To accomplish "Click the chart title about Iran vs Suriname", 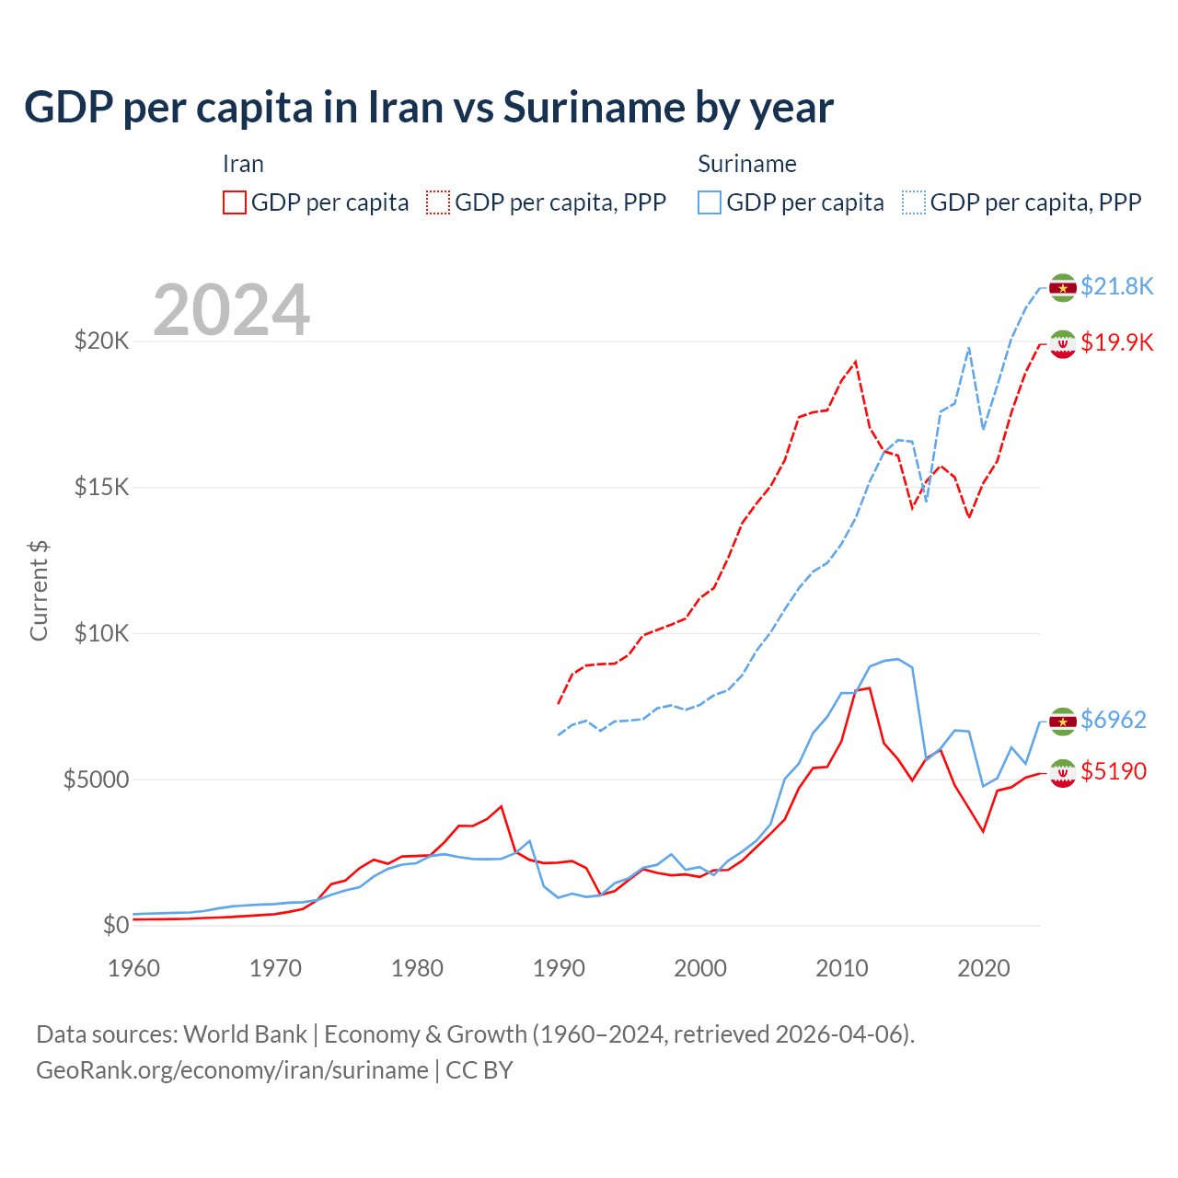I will click(429, 108).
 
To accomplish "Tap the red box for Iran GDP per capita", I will click(235, 202).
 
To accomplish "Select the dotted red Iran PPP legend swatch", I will click(438, 202).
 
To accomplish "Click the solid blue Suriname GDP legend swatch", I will click(710, 202).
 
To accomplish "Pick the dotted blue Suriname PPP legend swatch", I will click(914, 202).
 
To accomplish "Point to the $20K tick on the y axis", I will click(101, 341).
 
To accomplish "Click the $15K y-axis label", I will click(101, 487).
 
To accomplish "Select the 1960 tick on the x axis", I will click(134, 968).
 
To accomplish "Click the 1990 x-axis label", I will click(559, 968).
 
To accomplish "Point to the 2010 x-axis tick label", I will click(842, 968).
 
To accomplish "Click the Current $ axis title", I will click(39, 591).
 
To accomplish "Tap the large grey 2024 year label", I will click(231, 310).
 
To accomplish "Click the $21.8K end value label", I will click(1116, 286).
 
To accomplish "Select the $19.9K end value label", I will click(1116, 342).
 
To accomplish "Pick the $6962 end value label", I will click(1114, 720).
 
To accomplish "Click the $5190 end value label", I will click(1114, 771).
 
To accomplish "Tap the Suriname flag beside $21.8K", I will click(1063, 287).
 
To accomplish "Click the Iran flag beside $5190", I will click(1063, 773).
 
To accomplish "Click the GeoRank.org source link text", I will click(232, 1070).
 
